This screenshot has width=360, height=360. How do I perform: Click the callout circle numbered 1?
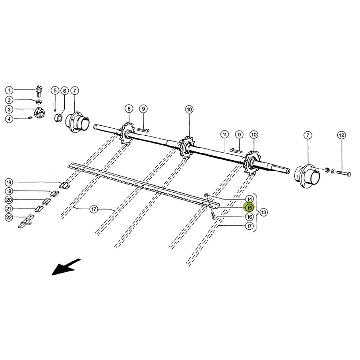point(9,90)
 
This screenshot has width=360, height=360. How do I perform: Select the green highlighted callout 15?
point(250,207)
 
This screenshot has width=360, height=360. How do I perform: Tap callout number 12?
point(341,135)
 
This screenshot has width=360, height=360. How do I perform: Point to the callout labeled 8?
point(129,108)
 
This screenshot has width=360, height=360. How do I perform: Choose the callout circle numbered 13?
point(264,212)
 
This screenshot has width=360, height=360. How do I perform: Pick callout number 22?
point(9,217)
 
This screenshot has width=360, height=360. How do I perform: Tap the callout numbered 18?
point(9,182)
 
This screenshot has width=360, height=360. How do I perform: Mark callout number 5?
point(55,90)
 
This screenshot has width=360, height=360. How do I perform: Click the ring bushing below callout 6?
point(58,117)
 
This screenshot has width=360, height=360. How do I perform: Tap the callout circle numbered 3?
point(9,110)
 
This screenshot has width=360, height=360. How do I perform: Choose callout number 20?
point(9,200)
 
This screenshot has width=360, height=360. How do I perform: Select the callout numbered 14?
point(250,199)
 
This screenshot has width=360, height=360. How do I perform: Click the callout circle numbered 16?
point(250,217)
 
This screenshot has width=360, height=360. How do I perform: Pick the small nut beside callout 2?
point(39,101)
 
